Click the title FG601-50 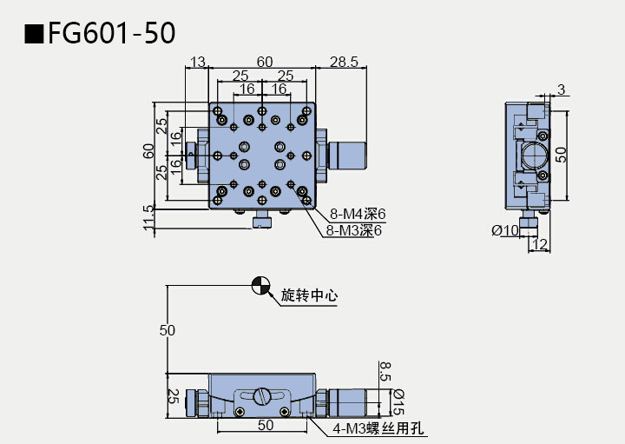(112, 33)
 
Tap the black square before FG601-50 (34, 34)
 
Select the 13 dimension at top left (197, 61)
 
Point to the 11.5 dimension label (149, 219)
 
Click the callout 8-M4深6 (357, 214)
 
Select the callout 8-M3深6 (354, 230)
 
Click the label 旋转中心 (309, 295)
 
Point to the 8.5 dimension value (386, 373)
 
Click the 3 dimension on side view (562, 89)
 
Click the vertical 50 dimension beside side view (562, 156)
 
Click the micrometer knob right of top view (346, 155)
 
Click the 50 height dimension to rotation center (168, 330)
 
